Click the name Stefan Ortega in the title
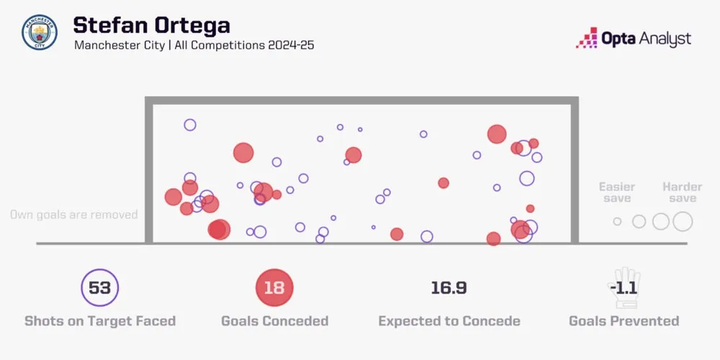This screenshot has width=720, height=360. tap(151, 25)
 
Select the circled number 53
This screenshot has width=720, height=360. tap(99, 288)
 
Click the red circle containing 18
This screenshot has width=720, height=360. tap(274, 288)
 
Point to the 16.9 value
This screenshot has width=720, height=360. tap(449, 288)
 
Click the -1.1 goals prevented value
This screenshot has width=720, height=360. tap(624, 288)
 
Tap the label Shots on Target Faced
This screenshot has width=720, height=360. tap(99, 321)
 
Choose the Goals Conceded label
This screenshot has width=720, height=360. tap(274, 321)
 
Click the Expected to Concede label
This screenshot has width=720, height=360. tap(449, 321)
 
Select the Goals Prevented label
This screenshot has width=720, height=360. tap(624, 321)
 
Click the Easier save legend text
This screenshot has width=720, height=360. tap(617, 192)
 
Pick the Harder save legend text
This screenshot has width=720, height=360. tap(682, 192)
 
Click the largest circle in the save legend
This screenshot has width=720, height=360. tap(683, 222)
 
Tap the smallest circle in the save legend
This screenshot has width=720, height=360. tap(617, 222)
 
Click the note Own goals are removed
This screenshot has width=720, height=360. tap(73, 215)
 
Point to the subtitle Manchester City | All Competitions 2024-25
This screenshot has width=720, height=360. tap(194, 45)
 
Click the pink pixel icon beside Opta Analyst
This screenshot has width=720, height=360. tap(587, 37)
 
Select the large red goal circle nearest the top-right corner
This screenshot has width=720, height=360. tap(497, 134)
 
